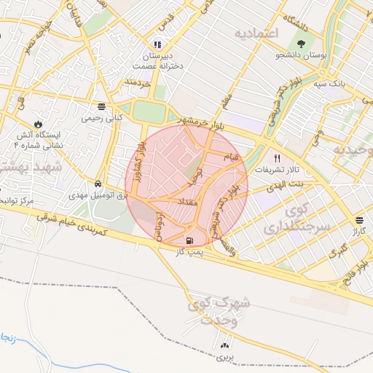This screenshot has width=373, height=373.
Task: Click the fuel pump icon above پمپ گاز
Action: click(191, 240)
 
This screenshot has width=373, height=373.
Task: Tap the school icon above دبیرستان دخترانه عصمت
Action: click(157, 45)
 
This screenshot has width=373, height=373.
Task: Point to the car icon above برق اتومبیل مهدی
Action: click(98, 184)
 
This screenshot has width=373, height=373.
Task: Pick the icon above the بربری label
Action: click(224, 345)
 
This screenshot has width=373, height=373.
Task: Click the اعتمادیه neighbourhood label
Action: click(257, 34)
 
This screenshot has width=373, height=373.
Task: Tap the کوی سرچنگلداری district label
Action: click(302, 219)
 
